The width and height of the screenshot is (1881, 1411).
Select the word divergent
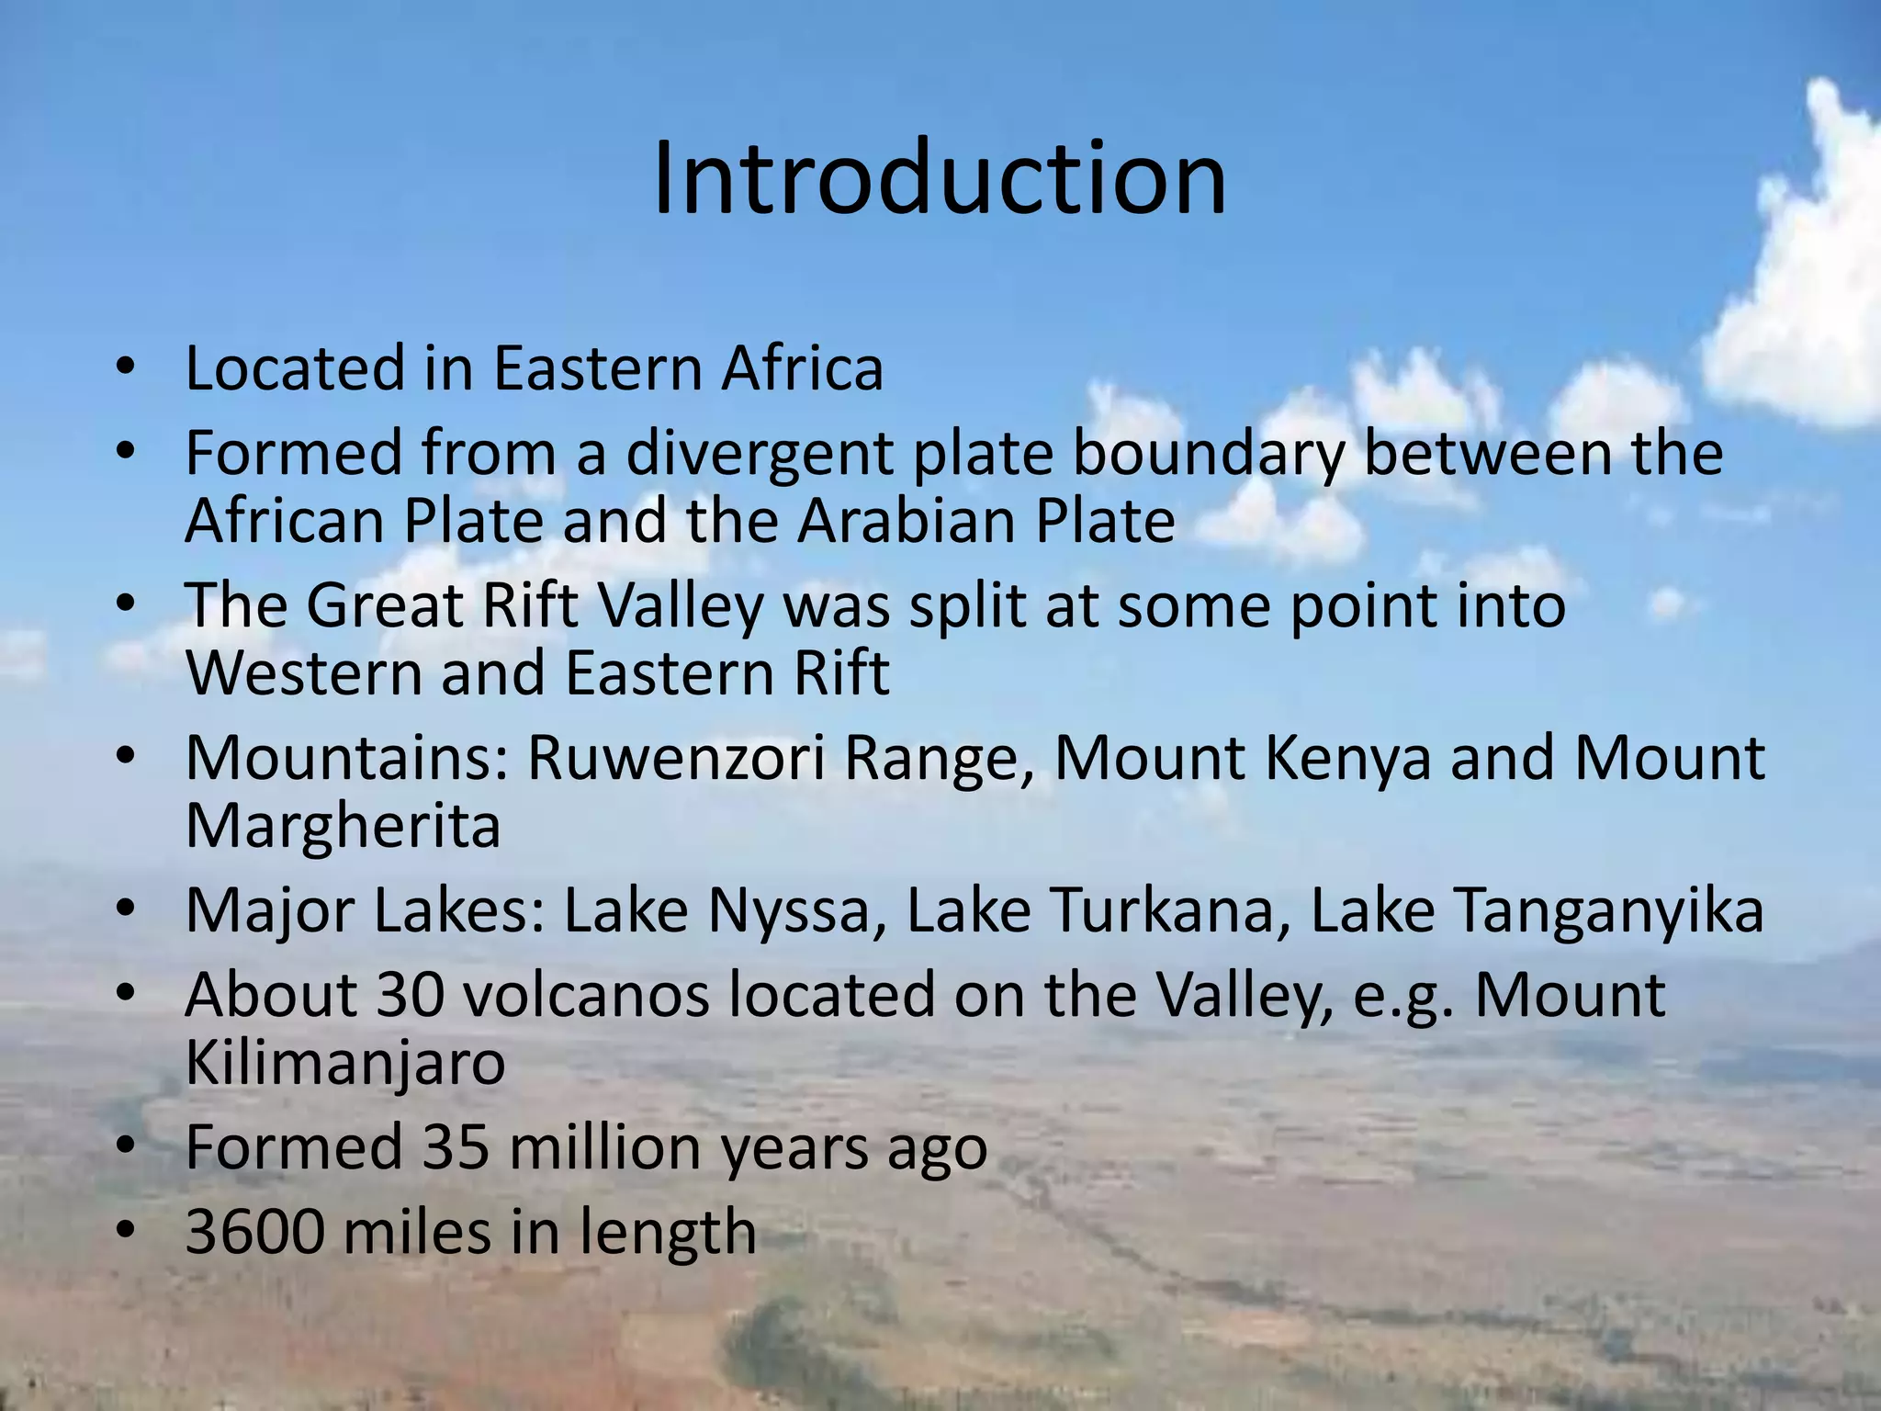759,454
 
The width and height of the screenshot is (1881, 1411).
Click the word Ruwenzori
676,759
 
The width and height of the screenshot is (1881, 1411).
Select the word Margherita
343,826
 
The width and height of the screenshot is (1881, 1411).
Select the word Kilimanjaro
345,1063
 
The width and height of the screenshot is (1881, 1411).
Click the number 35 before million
456,1147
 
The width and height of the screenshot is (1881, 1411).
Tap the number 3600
254,1232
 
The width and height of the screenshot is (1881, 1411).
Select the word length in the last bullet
668,1232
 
